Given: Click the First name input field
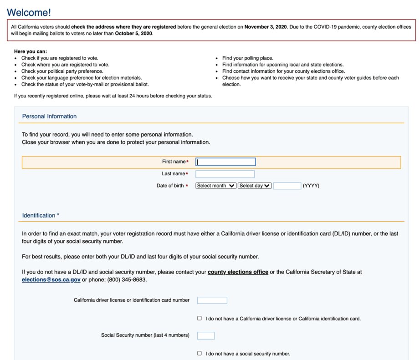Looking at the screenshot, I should (225, 162).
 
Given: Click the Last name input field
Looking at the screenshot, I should (225, 174).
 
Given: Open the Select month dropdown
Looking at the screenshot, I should (216, 186).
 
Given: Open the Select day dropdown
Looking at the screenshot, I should (255, 186).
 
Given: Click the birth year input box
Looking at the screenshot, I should (287, 186).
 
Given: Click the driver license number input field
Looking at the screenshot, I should (212, 300).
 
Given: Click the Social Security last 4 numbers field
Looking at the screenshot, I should (206, 335).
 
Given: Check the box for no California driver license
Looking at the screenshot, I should (200, 319).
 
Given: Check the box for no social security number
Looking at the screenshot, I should (200, 353).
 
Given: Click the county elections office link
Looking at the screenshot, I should (238, 272).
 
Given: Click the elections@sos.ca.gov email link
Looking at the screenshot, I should (51, 279).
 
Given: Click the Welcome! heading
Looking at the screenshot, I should (29, 12).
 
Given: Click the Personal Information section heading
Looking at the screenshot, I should (49, 117).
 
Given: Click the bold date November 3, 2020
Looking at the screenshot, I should (266, 27).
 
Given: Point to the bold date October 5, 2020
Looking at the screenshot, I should (134, 34).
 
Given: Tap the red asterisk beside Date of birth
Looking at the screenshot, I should (187, 186).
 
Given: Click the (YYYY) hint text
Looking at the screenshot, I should (311, 186).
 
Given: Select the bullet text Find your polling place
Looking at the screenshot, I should (248, 58).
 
